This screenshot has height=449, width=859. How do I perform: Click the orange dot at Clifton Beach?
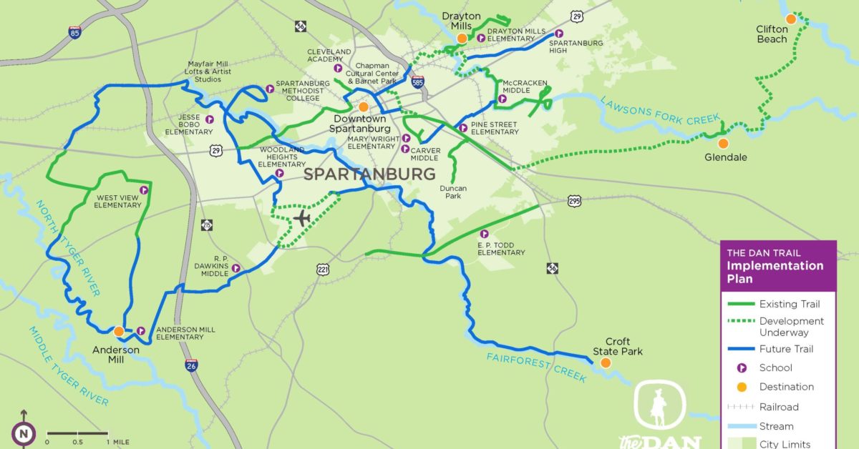pos(790,19)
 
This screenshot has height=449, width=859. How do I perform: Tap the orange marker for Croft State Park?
pos(606,363)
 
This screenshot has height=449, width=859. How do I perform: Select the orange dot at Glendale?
pos(723,143)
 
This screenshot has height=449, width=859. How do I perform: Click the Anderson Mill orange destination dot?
pos(119,331)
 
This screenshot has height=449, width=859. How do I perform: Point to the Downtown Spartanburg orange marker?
pos(364,107)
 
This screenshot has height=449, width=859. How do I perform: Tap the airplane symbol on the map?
pos(302,217)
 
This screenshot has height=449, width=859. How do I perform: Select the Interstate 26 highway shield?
pos(190,365)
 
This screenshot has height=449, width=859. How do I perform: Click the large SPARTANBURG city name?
pos(369,174)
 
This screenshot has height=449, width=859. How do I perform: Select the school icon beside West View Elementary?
pos(144,190)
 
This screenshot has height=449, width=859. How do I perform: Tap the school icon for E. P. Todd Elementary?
pos(484,234)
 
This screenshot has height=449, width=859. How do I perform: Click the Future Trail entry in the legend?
pos(786,349)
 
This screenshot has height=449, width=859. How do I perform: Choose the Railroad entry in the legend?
pos(779,407)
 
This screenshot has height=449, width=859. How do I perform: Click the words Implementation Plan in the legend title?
pos(775,272)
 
